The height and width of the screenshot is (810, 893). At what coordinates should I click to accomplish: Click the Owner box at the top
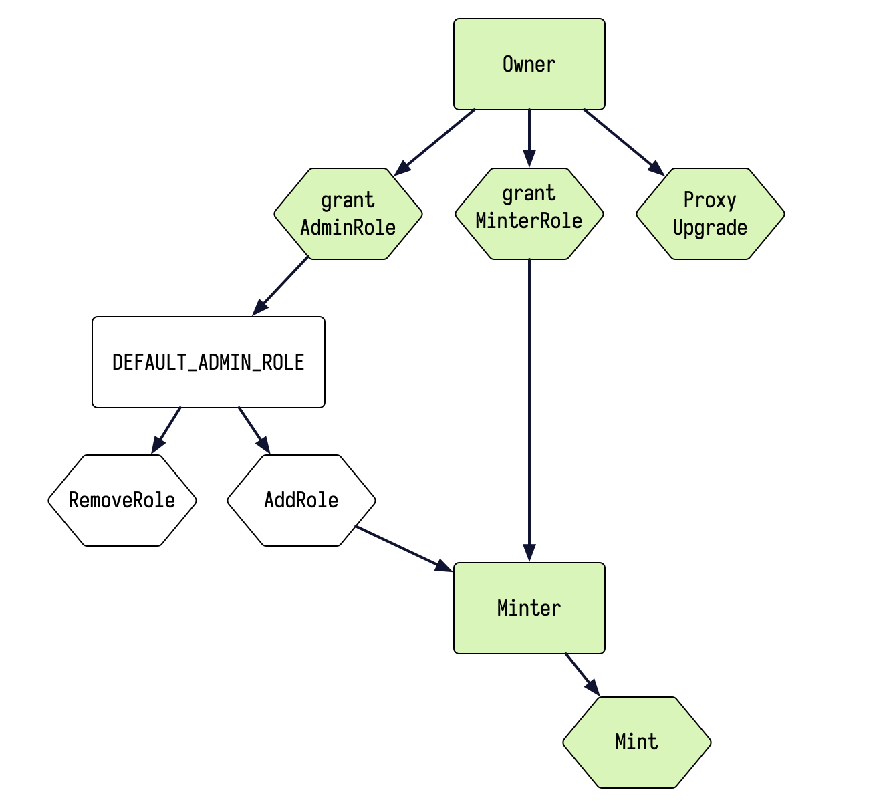tap(529, 64)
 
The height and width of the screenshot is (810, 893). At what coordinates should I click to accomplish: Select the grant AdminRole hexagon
tap(348, 214)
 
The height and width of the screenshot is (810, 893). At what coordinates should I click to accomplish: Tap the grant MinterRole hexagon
tap(529, 214)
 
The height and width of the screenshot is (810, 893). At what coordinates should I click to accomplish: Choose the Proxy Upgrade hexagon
tap(710, 214)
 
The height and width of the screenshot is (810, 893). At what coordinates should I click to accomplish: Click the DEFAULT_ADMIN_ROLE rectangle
tap(208, 362)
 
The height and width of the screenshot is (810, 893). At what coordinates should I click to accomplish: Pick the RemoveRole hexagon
tap(122, 501)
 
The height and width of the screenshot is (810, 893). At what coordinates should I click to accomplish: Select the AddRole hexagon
tap(301, 501)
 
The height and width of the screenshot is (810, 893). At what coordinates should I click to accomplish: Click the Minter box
tap(529, 608)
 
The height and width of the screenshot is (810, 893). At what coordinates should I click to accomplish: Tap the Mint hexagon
tap(636, 742)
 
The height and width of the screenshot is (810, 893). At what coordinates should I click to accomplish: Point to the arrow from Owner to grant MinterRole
tap(529, 137)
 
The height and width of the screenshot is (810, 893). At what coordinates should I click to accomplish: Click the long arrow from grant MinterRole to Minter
tap(529, 408)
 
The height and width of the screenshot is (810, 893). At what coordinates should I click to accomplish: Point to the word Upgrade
tap(710, 228)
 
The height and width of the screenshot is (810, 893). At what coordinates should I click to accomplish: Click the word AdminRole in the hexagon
tap(348, 228)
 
